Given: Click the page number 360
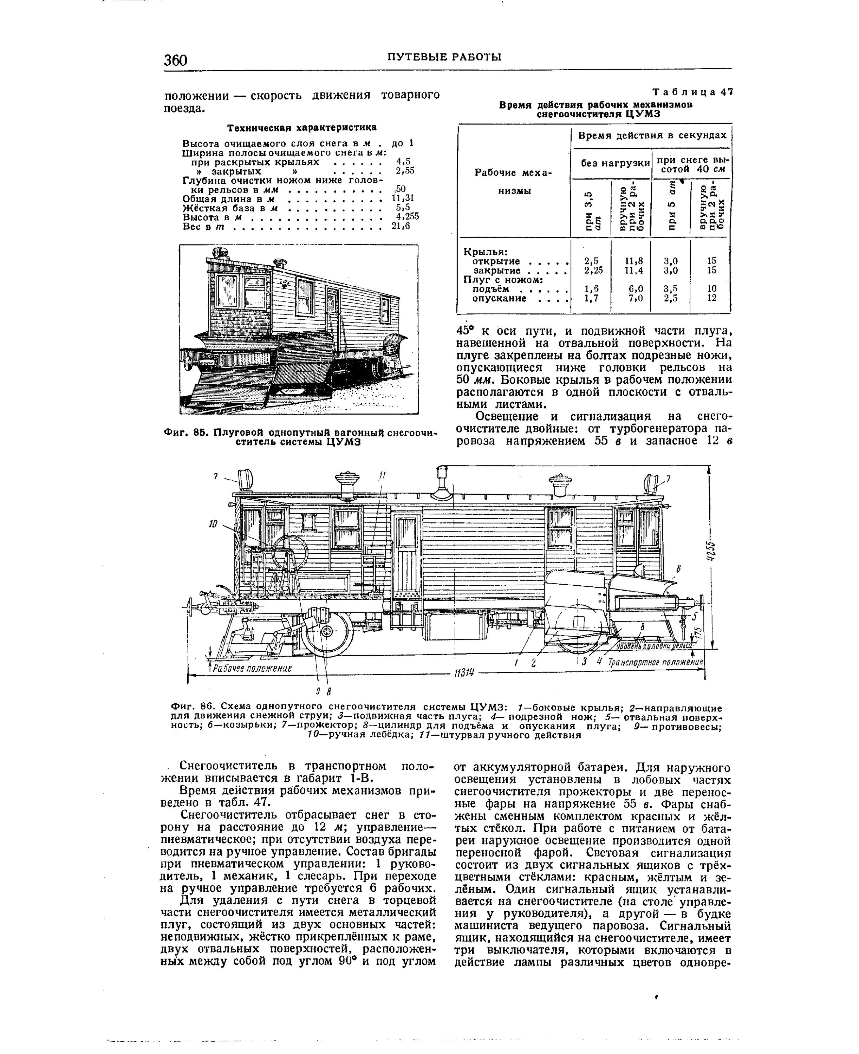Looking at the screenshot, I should point(176,60).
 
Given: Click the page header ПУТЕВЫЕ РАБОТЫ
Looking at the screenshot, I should point(444,57).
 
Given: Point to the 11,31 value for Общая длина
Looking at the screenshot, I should point(406,199).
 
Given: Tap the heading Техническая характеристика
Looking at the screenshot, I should point(302,127).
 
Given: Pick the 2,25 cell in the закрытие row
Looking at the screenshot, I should point(593,270).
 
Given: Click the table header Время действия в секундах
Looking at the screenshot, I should point(652,135).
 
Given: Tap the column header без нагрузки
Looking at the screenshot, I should point(615,163).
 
